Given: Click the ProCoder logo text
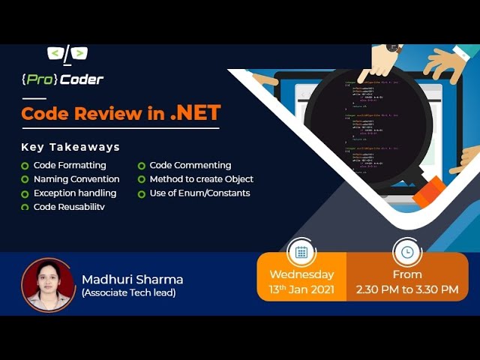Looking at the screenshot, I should pyautogui.click(x=62, y=79).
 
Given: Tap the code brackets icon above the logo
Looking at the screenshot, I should pyautogui.click(x=67, y=53).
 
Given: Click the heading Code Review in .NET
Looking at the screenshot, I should pyautogui.click(x=121, y=113).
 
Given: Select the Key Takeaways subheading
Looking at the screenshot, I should pyautogui.click(x=70, y=147).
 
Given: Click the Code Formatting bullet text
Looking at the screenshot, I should pyautogui.click(x=70, y=165).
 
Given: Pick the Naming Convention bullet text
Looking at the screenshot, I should pyautogui.click(x=76, y=179).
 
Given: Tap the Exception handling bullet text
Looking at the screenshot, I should pyautogui.click(x=75, y=193).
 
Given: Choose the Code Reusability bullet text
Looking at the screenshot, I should pyautogui.click(x=69, y=206).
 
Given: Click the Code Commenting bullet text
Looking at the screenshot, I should pyautogui.click(x=190, y=165).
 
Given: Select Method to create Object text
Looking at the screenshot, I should pyautogui.click(x=201, y=179).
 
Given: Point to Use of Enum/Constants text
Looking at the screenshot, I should pyautogui.click(x=199, y=193).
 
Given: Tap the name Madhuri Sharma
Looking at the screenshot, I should pyautogui.click(x=132, y=279).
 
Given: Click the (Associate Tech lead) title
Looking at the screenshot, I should pyautogui.click(x=128, y=292).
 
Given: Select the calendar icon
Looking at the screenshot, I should pyautogui.click(x=301, y=252).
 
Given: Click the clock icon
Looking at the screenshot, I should pyautogui.click(x=407, y=252).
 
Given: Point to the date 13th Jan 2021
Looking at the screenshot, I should pyautogui.click(x=301, y=289).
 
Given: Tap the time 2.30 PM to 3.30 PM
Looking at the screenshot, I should pyautogui.click(x=407, y=289).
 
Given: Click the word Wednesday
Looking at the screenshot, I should pyautogui.click(x=301, y=274).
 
